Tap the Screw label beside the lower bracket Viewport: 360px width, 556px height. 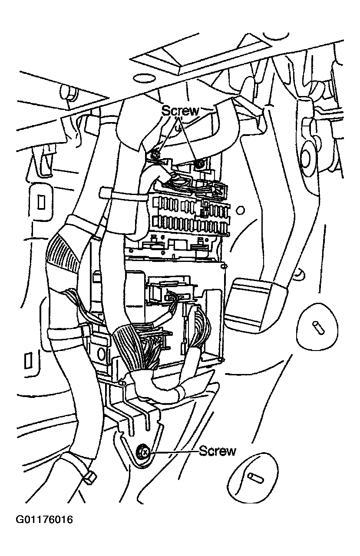coord(218,451)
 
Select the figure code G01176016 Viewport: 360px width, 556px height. coord(44,520)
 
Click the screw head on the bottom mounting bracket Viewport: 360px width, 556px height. coord(143,453)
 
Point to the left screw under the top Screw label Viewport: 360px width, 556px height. coord(154,154)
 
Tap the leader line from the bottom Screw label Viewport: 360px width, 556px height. coord(174,452)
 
